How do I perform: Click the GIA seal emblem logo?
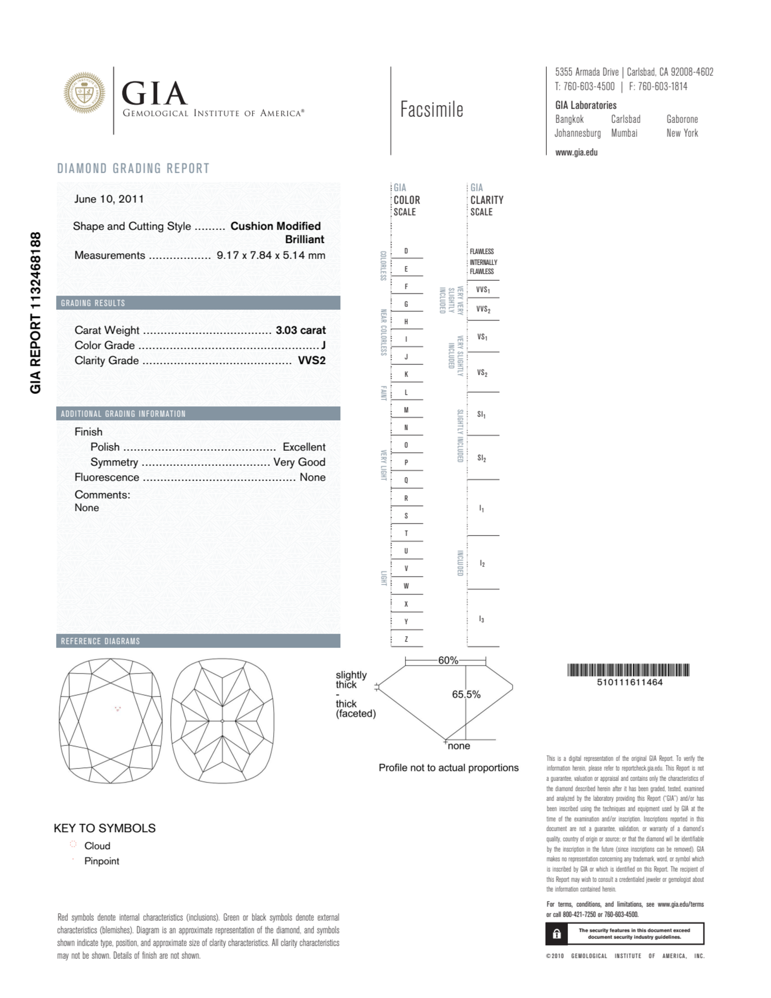(x=84, y=92)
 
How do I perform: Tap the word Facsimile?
(x=432, y=110)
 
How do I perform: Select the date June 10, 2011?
(x=109, y=199)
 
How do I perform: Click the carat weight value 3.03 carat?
(x=300, y=330)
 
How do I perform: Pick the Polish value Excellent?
(x=304, y=447)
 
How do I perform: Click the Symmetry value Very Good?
(x=299, y=462)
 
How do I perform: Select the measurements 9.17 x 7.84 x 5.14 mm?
(x=270, y=255)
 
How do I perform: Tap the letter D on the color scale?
(x=406, y=251)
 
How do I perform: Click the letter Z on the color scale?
(x=406, y=639)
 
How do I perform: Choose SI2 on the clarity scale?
(x=482, y=458)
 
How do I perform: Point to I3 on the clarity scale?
(x=482, y=619)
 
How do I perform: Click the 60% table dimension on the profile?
(x=448, y=660)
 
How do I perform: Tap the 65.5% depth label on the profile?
(x=466, y=695)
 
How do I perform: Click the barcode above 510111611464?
(x=628, y=670)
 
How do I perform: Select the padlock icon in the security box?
(x=557, y=934)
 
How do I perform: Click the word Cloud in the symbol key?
(x=97, y=846)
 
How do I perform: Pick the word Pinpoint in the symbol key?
(x=101, y=861)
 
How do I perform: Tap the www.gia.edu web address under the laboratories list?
(x=576, y=153)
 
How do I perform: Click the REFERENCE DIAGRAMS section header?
(x=101, y=641)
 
